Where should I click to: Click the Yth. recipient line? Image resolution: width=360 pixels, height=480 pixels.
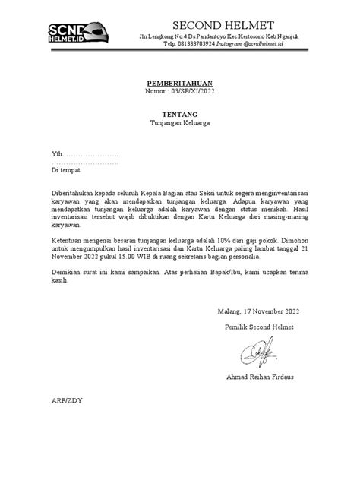pos(84,153)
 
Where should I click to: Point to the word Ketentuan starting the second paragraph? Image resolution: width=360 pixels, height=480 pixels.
pos(68,238)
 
